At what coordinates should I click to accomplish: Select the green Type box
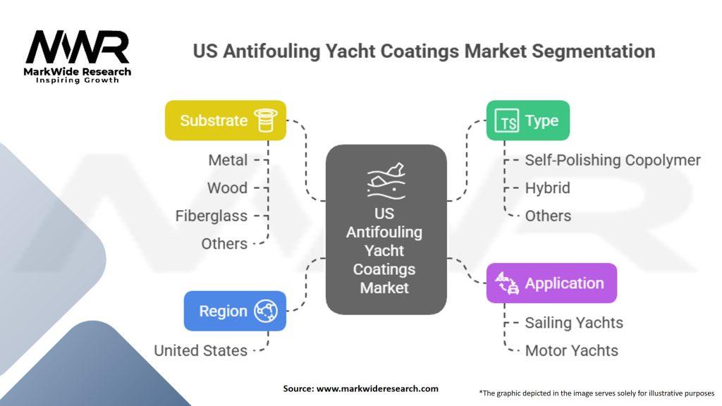[x=527, y=121]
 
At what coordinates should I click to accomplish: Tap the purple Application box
[x=551, y=283]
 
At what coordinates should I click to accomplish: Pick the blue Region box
[x=235, y=311]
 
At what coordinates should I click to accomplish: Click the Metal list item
[x=228, y=160]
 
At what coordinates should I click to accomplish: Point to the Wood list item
[x=227, y=188]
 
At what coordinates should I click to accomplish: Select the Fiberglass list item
[x=212, y=216]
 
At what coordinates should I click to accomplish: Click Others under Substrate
[x=224, y=244]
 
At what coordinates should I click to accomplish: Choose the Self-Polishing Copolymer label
[x=613, y=160]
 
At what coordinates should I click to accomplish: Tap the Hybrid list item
[x=547, y=188]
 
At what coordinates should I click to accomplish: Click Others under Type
[x=548, y=216]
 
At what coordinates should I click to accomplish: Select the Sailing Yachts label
[x=574, y=323]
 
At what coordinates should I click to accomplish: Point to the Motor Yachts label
[x=571, y=350]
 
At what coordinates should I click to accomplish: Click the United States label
[x=200, y=350]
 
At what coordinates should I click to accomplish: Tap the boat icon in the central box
[x=385, y=179]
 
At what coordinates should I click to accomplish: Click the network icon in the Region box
[x=267, y=311]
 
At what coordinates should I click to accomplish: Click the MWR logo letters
[x=78, y=48]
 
